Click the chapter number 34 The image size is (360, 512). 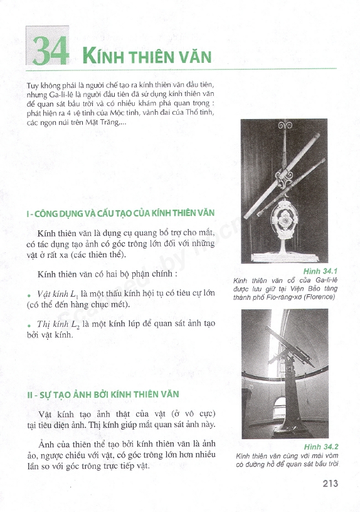51,51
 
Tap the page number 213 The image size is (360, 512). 330,483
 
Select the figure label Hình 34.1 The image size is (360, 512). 320,271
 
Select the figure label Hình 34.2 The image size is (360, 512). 321,447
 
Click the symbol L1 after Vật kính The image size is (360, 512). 74,294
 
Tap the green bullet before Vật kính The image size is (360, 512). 29,295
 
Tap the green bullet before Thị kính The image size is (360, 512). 29,326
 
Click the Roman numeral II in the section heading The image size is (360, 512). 30,395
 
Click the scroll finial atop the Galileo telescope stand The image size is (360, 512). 285,125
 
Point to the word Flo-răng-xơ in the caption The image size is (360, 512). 287,297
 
